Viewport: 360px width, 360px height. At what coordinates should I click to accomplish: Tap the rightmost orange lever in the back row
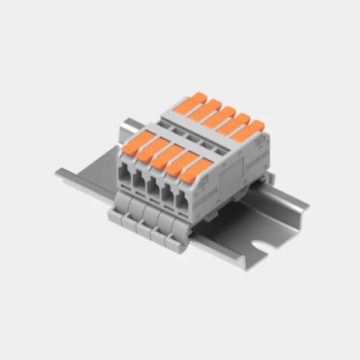tap(247, 130)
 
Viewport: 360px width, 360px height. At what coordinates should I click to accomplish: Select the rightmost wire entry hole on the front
tap(183, 201)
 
